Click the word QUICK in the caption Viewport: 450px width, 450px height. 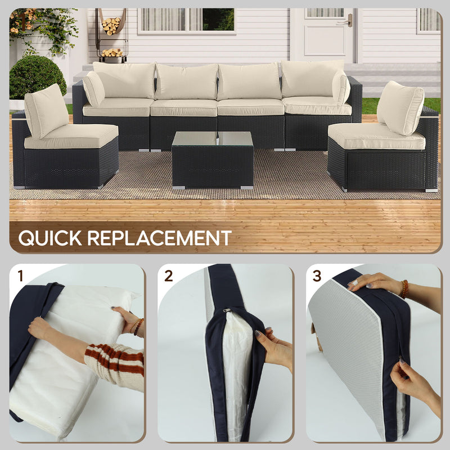pyautogui.click(x=49, y=237)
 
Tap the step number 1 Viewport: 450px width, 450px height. pyautogui.click(x=21, y=276)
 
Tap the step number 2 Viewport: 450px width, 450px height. pyautogui.click(x=168, y=276)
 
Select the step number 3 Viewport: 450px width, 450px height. pyautogui.click(x=317, y=276)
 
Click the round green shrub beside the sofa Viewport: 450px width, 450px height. pyautogui.click(x=37, y=77)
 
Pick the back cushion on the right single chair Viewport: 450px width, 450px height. pyautogui.click(x=402, y=107)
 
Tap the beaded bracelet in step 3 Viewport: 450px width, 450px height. pyautogui.click(x=404, y=289)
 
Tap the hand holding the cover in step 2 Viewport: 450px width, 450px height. pyautogui.click(x=273, y=350)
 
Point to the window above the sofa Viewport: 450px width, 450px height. pyautogui.click(x=186, y=20)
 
